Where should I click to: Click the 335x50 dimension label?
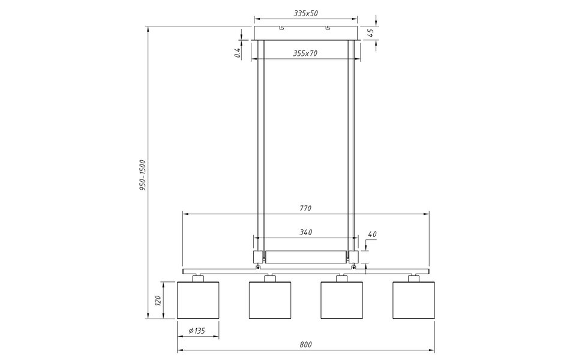[x=306, y=13]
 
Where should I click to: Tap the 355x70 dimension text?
[x=305, y=53]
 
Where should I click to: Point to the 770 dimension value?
[x=305, y=208]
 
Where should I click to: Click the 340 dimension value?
[x=305, y=232]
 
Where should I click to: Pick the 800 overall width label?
[x=305, y=344]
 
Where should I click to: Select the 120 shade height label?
[x=158, y=300]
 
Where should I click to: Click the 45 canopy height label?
[x=371, y=33]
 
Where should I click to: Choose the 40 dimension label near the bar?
[x=372, y=234]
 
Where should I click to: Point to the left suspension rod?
[x=260, y=144]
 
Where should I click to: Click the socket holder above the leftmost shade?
[x=198, y=277]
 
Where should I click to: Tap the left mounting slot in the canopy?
[x=281, y=28]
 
